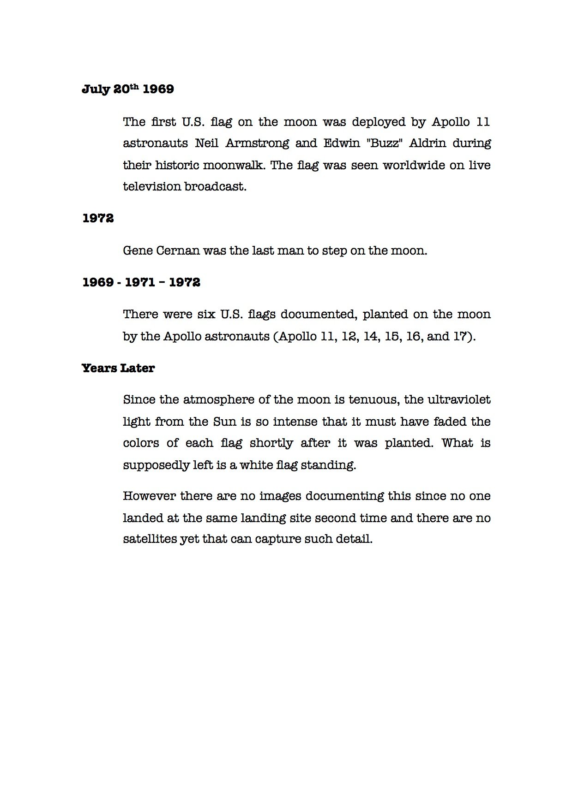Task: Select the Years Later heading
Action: point(118,368)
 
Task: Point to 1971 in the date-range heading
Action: point(140,282)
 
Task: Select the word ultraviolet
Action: point(459,399)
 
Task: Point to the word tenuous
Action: point(373,399)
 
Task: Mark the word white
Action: point(256,464)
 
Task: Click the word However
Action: point(148,496)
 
